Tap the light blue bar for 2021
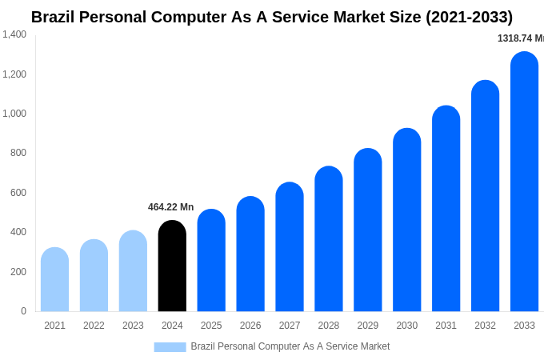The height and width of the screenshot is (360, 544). click(54, 280)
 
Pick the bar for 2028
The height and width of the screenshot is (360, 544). click(329, 239)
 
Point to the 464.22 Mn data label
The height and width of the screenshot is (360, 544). click(170, 207)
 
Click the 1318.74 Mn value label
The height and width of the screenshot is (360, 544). click(520, 38)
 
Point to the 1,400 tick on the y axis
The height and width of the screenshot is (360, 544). click(14, 34)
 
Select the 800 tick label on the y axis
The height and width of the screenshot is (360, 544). click(18, 153)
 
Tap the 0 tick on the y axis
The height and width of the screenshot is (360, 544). click(23, 311)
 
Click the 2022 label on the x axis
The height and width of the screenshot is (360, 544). click(94, 326)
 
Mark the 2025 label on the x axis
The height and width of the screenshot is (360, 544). click(211, 326)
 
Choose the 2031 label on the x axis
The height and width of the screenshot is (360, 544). click(446, 326)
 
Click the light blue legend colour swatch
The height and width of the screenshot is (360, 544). click(170, 347)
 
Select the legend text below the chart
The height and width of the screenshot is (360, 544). click(290, 346)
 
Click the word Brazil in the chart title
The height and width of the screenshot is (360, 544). click(57, 17)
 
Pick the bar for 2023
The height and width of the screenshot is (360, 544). click(133, 271)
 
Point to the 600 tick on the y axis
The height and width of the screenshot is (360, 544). click(18, 193)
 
